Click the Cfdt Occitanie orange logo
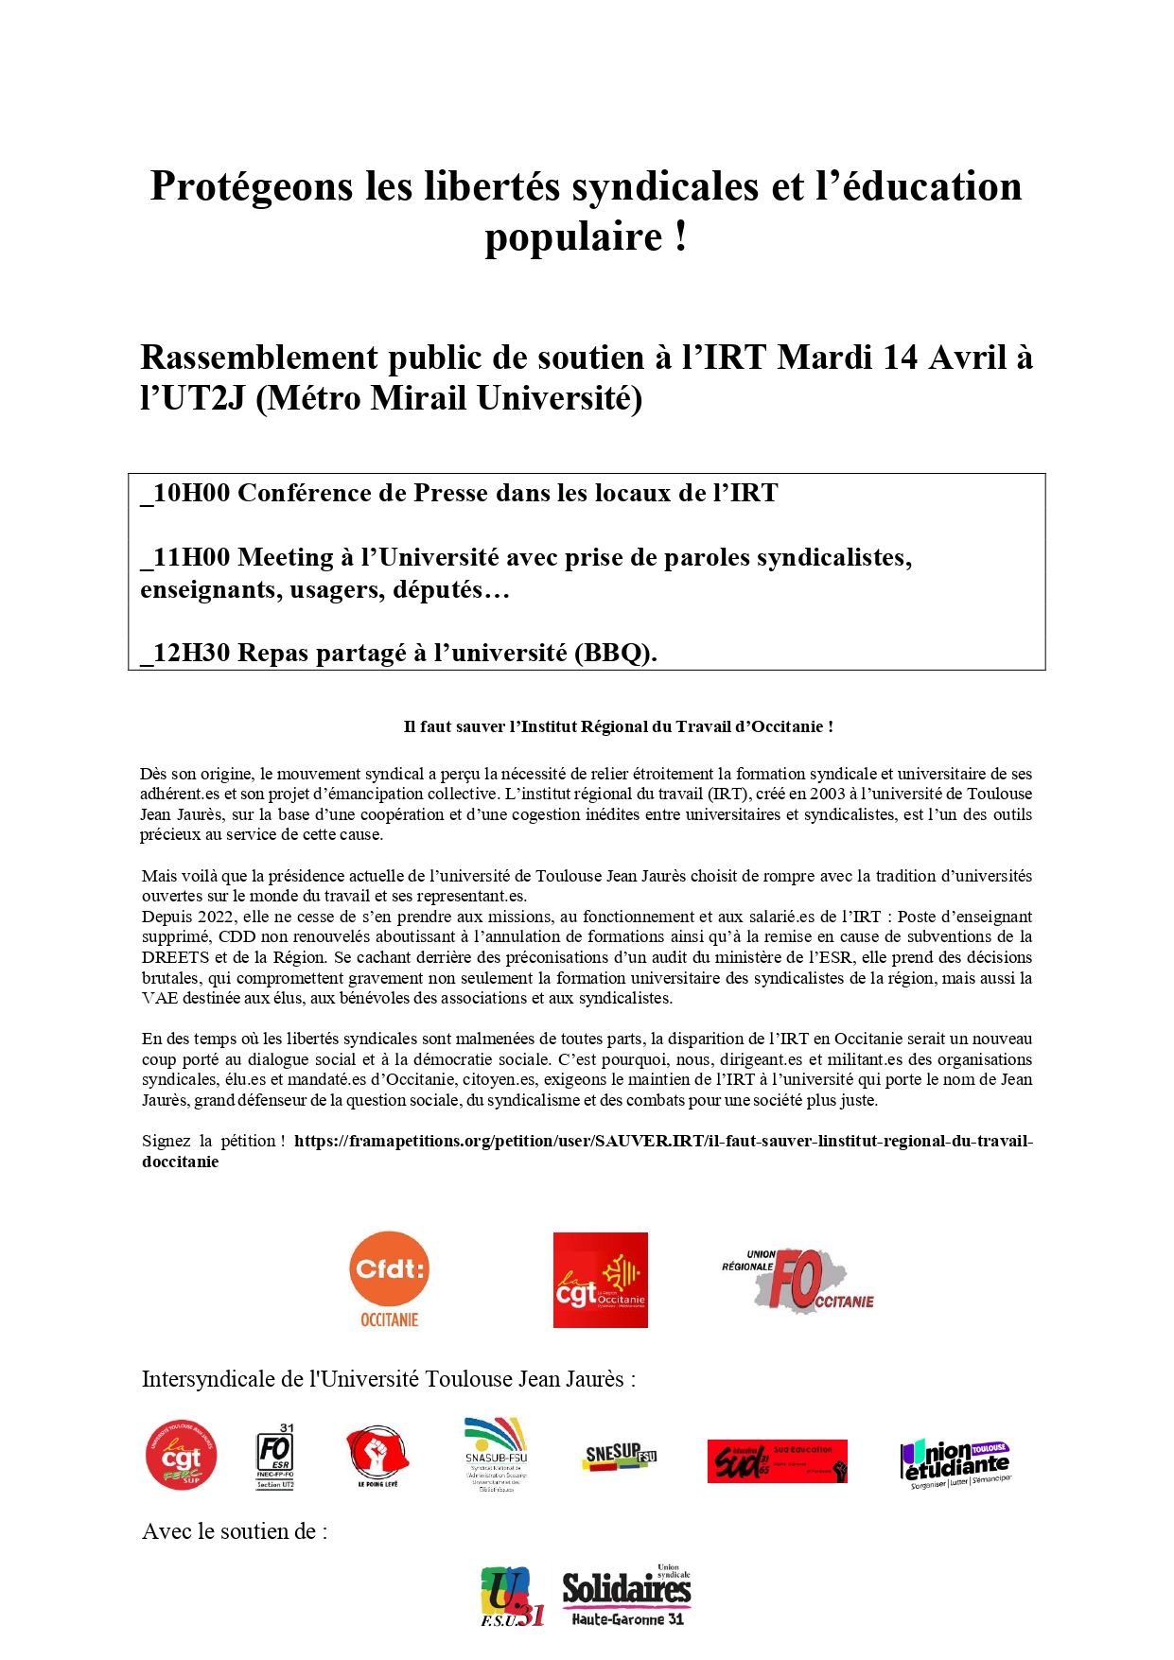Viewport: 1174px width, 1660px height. (389, 1279)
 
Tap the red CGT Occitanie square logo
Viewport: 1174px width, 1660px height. (600, 1280)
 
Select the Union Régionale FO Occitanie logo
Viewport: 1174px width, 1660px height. (798, 1280)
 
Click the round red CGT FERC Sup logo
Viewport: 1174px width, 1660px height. (181, 1455)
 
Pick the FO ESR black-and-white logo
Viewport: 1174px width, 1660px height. (275, 1456)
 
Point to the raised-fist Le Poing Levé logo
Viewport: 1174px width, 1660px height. (377, 1456)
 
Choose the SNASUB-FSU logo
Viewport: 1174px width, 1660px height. (496, 1454)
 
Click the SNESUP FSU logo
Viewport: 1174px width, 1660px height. (620, 1456)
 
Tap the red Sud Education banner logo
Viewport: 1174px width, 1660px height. (777, 1461)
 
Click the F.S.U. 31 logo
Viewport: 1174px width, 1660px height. (512, 1597)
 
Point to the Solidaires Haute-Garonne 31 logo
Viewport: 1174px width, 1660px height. (627, 1596)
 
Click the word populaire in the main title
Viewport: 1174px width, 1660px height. (573, 236)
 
